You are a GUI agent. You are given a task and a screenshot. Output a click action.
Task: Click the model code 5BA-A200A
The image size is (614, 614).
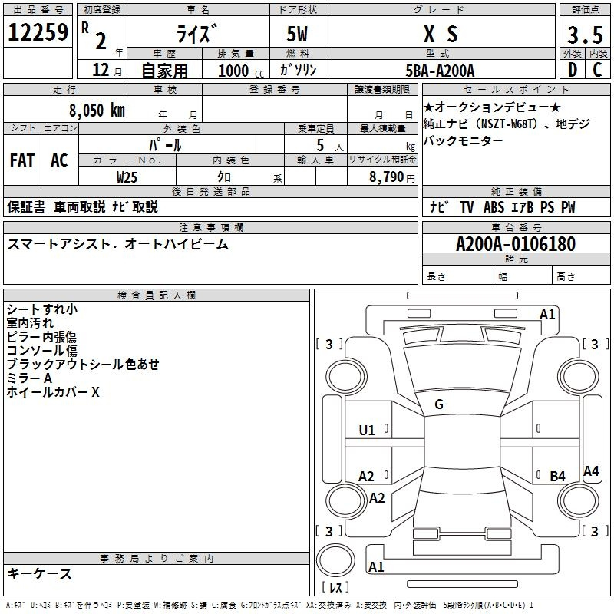(x=440, y=71)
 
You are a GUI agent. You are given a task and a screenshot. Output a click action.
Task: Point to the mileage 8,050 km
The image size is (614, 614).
(x=94, y=110)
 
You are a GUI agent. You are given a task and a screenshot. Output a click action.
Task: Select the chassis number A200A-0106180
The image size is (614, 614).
(x=515, y=244)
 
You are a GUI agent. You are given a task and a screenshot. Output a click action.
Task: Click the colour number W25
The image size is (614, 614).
(x=127, y=177)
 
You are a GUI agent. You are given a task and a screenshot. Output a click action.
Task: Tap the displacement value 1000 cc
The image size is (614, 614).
(x=240, y=71)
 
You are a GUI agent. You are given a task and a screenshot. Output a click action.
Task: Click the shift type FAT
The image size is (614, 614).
(x=21, y=160)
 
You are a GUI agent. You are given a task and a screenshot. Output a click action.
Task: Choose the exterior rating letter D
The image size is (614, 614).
(x=572, y=70)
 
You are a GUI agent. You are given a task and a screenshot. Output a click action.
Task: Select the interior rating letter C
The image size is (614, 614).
(x=596, y=70)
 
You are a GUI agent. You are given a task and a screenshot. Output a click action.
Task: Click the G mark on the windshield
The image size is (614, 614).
(x=438, y=404)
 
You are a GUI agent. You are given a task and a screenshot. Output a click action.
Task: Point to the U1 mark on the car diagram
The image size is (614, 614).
(x=367, y=431)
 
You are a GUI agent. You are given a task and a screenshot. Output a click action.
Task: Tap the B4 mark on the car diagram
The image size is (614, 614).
(x=557, y=477)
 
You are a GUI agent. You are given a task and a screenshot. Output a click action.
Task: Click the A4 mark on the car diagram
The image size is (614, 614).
(x=590, y=471)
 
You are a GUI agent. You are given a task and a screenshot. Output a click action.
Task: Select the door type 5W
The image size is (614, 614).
(x=298, y=35)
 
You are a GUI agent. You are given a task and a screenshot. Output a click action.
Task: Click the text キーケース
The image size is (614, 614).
(x=39, y=573)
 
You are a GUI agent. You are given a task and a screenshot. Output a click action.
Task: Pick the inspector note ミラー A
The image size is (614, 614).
(x=28, y=378)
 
